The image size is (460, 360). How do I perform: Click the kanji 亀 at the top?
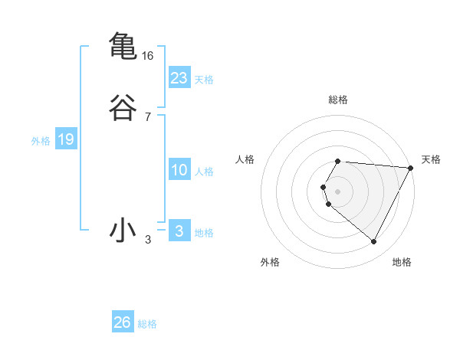(x=123, y=46)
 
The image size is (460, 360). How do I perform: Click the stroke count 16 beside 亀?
(x=148, y=56)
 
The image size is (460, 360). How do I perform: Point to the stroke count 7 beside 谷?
(x=148, y=117)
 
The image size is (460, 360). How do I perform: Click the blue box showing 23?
(x=179, y=78)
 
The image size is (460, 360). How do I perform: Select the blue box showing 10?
(x=179, y=170)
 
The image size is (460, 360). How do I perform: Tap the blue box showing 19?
(x=66, y=139)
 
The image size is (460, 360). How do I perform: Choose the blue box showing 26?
(x=123, y=322)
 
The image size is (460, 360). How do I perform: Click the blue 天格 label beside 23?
(x=204, y=80)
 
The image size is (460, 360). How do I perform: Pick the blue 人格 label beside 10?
(x=204, y=172)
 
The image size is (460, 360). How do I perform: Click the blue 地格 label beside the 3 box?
(x=204, y=233)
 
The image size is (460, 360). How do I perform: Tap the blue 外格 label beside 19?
(x=41, y=141)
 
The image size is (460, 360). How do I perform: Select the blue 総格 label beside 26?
(x=147, y=324)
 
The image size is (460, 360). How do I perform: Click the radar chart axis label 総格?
(x=338, y=100)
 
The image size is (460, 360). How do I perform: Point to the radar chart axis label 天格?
(x=431, y=159)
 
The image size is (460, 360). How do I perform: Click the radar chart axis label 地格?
(x=402, y=262)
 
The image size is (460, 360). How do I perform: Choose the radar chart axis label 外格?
(x=270, y=262)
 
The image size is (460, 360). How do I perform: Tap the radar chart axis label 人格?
(x=245, y=159)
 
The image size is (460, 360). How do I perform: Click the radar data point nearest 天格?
(x=411, y=168)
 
